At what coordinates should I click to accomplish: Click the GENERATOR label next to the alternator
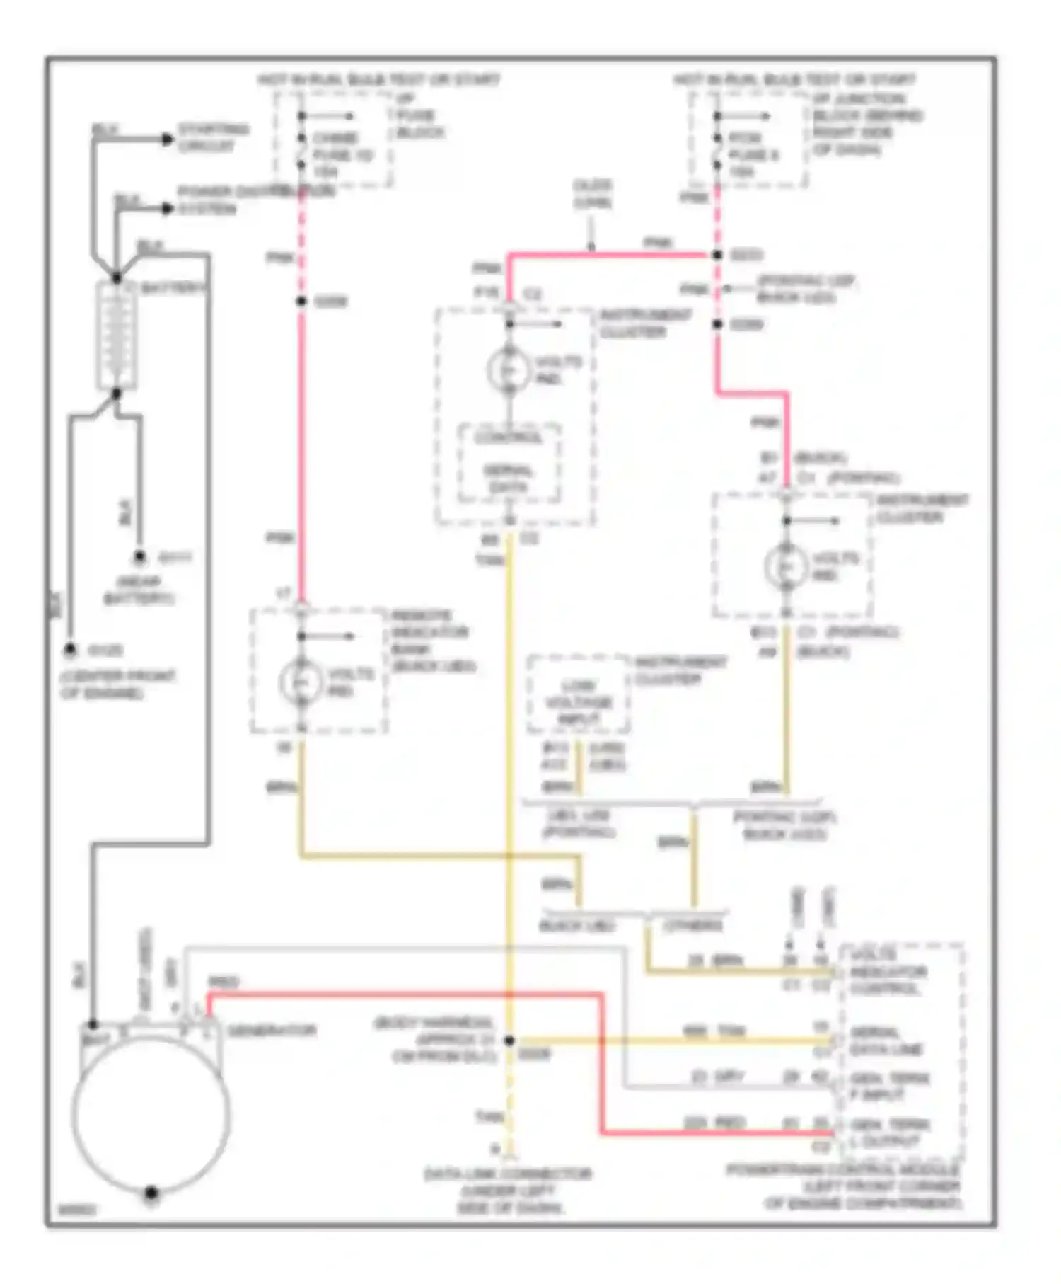(272, 1031)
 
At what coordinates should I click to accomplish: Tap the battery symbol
(116, 336)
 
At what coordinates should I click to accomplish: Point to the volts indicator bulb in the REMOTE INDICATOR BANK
(301, 681)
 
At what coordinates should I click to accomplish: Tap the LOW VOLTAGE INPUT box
(578, 702)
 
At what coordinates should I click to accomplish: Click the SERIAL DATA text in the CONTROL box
(509, 479)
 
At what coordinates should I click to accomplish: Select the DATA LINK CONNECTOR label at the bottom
(509, 1191)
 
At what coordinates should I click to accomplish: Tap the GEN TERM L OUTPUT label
(890, 1133)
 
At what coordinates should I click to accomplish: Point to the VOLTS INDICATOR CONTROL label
(888, 971)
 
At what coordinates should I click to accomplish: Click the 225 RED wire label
(714, 1123)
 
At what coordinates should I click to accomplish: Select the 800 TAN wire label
(714, 1031)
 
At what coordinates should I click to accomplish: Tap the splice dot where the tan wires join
(509, 1041)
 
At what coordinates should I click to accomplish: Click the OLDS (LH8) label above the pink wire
(592, 193)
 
